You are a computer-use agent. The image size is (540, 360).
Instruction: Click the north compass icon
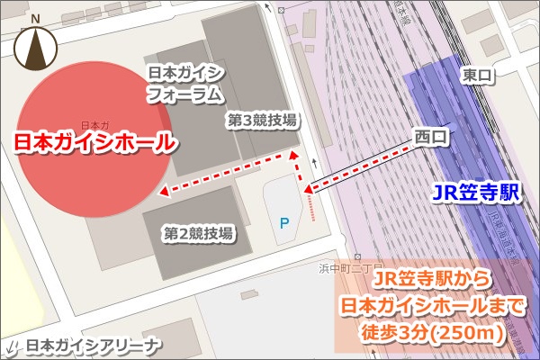tap(36, 49)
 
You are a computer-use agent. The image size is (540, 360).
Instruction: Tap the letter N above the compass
tap(35, 18)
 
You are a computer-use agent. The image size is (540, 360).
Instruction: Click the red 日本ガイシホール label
tap(93, 142)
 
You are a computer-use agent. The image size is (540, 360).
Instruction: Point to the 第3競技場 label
tap(261, 119)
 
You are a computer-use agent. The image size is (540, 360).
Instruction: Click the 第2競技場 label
tap(198, 233)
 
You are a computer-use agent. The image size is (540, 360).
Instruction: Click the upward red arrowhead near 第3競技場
tap(292, 157)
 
